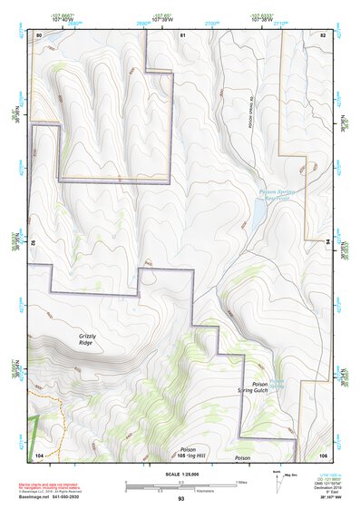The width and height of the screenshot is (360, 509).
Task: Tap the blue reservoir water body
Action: tap(258, 214)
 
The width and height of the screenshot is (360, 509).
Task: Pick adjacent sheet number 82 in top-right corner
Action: tap(322, 34)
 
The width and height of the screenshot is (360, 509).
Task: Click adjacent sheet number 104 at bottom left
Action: tap(39, 454)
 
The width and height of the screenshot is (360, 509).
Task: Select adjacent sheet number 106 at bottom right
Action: tap(322, 454)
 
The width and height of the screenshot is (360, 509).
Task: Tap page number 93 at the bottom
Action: tap(181, 499)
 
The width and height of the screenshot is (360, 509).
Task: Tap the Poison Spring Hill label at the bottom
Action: tap(188, 452)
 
